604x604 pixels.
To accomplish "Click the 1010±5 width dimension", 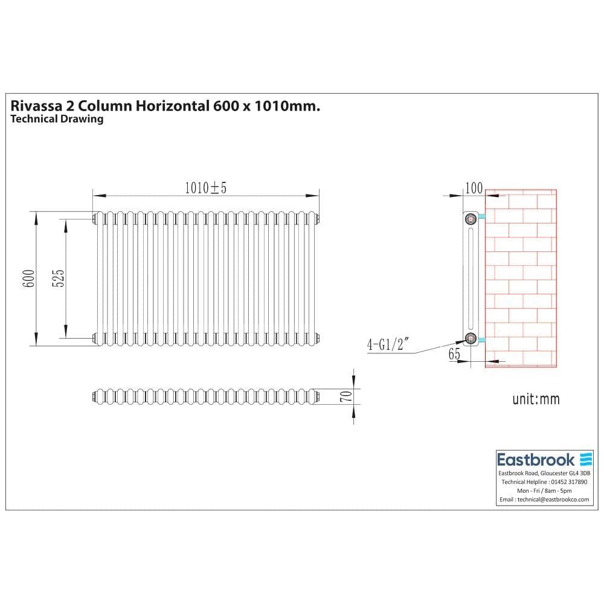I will pos(205,188).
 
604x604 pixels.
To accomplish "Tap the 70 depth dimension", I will pos(346,396).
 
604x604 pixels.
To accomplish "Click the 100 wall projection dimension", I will pos(474,188).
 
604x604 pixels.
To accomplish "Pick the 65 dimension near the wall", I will pos(454,355).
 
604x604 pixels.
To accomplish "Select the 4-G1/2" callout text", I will pos(388,345).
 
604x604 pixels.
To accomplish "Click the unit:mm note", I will pos(536,399).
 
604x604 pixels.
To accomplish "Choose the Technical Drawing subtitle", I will pos(57,119).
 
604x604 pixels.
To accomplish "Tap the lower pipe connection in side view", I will pos(471,338).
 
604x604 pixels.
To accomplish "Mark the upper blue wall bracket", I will pos(481,216).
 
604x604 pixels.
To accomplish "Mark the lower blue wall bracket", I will pos(481,341).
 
